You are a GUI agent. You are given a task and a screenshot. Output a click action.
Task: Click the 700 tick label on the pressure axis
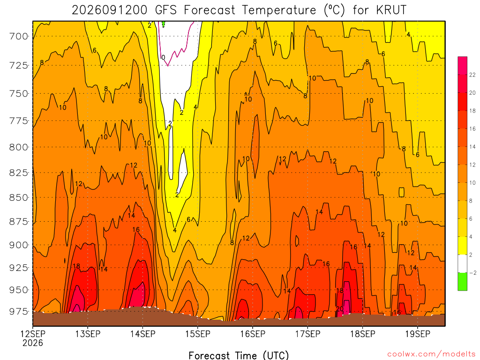(x=18, y=37)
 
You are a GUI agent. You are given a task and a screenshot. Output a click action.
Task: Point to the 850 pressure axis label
(x=18, y=197)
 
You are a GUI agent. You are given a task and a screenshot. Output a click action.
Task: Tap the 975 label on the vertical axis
(x=18, y=311)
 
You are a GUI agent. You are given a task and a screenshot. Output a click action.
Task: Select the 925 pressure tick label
(x=18, y=268)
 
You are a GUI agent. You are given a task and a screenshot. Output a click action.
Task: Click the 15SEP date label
(x=198, y=334)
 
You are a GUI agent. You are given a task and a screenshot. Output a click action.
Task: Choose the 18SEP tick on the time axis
(x=363, y=334)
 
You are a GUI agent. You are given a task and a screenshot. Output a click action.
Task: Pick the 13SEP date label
(x=88, y=334)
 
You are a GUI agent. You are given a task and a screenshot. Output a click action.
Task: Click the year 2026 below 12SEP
(x=33, y=343)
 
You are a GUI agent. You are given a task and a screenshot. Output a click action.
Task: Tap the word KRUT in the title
(x=391, y=10)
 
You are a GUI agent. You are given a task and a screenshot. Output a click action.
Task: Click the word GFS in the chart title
(x=166, y=10)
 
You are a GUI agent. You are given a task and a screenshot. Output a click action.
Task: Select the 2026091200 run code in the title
(x=110, y=10)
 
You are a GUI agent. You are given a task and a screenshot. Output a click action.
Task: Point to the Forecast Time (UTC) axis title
(x=239, y=355)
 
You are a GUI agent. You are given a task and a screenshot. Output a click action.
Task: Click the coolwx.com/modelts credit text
(x=431, y=354)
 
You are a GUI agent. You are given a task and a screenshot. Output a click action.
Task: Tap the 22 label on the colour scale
(x=472, y=75)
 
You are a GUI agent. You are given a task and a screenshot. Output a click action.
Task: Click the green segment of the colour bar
(x=463, y=281)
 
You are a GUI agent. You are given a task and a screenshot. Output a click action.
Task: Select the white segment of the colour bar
(x=463, y=263)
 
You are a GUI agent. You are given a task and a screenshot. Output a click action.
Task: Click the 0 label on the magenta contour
(x=163, y=58)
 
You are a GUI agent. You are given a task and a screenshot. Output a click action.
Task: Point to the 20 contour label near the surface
(x=340, y=309)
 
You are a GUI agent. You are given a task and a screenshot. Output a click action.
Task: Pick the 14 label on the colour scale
(x=472, y=147)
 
